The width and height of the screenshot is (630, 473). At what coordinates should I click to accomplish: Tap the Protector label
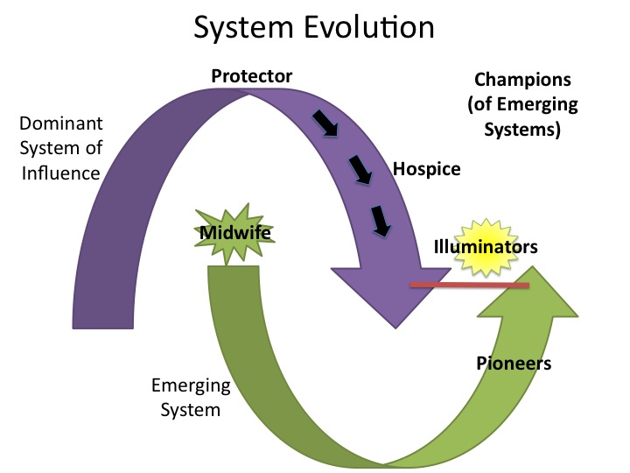tap(251, 75)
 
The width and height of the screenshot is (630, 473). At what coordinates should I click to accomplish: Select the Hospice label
tap(426, 168)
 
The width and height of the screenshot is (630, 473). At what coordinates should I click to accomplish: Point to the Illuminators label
tap(486, 248)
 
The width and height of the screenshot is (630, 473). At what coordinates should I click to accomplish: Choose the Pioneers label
tap(514, 362)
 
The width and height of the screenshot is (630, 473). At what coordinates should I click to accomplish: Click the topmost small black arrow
tap(327, 124)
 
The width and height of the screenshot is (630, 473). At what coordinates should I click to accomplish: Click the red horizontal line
tap(470, 286)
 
